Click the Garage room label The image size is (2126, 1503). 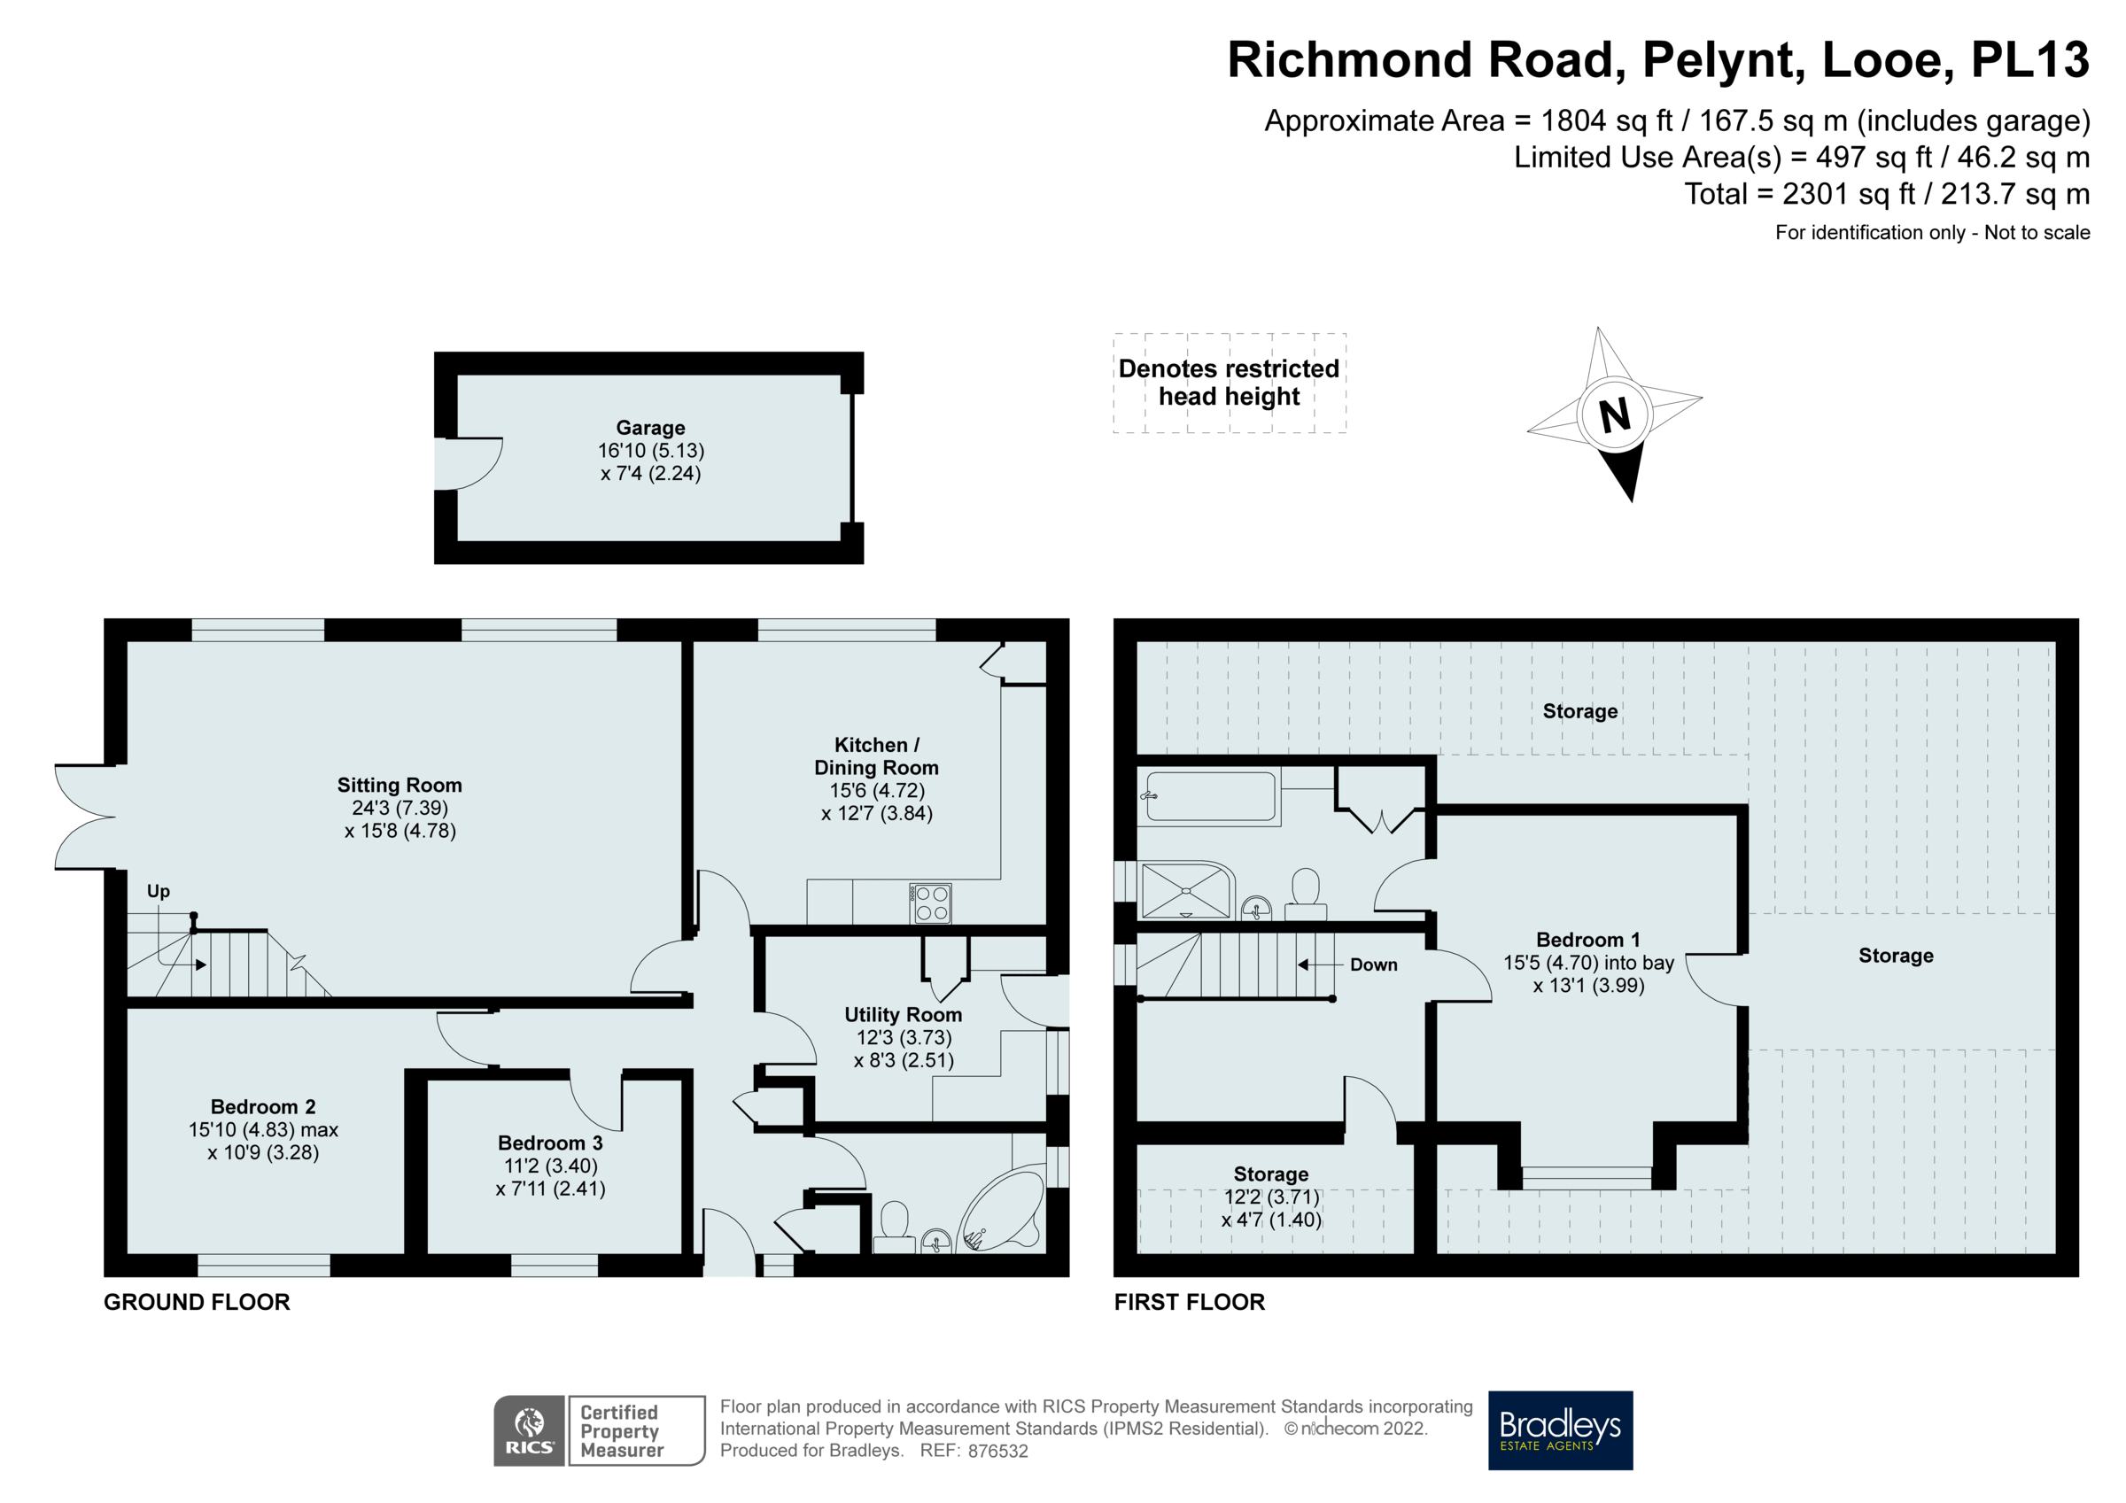pyautogui.click(x=650, y=428)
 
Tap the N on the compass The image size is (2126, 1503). pyautogui.click(x=1615, y=414)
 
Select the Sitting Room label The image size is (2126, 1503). pyautogui.click(x=400, y=786)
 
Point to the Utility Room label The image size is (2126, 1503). pyautogui.click(x=903, y=1015)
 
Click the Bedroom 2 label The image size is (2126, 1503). pyautogui.click(x=263, y=1106)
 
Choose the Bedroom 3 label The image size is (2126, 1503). pyautogui.click(x=550, y=1143)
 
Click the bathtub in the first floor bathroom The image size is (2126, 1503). pyautogui.click(x=1211, y=796)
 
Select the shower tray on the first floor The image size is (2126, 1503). pyautogui.click(x=1186, y=890)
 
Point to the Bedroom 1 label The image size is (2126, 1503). pyautogui.click(x=1588, y=940)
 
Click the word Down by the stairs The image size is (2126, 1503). pyautogui.click(x=1373, y=965)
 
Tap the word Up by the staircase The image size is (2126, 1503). pyautogui.click(x=159, y=891)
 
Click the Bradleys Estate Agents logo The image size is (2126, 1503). pyautogui.click(x=1560, y=1429)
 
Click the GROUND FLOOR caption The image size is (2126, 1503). pyautogui.click(x=197, y=1302)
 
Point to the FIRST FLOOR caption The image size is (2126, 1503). pyautogui.click(x=1189, y=1302)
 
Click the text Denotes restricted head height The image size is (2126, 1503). pyautogui.click(x=1229, y=383)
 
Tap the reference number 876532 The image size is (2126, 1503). pyautogui.click(x=997, y=1451)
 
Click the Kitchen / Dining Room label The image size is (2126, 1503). pyautogui.click(x=876, y=755)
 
